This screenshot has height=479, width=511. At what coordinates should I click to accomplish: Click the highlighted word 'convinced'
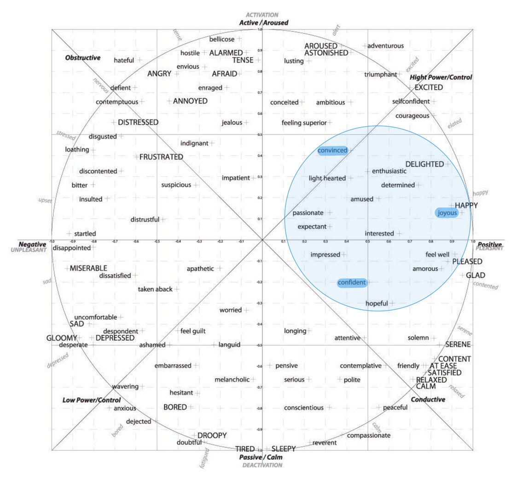tap(332, 151)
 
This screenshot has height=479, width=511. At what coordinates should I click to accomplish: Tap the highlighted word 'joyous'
tap(447, 212)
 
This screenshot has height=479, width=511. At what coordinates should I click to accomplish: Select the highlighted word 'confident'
tap(352, 282)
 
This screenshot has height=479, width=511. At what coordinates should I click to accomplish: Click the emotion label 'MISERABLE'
tap(88, 268)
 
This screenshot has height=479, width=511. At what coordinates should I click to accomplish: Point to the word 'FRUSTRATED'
tap(161, 157)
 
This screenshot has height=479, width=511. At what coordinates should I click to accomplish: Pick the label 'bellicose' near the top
tap(222, 39)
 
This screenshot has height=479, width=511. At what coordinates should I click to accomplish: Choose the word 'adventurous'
tap(385, 46)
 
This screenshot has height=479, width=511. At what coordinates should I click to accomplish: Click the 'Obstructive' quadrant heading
tap(83, 58)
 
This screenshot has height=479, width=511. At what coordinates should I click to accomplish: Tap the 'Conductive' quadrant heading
tap(428, 399)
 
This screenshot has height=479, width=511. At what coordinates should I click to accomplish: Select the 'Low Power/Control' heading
tap(92, 400)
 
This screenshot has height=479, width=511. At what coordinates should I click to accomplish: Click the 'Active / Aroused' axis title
tap(263, 22)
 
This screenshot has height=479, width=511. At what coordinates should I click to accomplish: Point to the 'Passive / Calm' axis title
tap(261, 457)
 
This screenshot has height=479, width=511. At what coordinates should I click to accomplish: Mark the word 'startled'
tap(85, 234)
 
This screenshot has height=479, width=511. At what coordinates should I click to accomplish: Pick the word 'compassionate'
tap(368, 435)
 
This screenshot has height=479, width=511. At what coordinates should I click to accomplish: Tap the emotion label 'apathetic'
tap(200, 269)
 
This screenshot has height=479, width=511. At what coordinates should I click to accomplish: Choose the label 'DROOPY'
tap(212, 435)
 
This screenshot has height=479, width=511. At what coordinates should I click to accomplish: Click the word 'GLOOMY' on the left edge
tap(61, 338)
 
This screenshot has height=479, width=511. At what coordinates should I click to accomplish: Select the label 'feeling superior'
tap(304, 123)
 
